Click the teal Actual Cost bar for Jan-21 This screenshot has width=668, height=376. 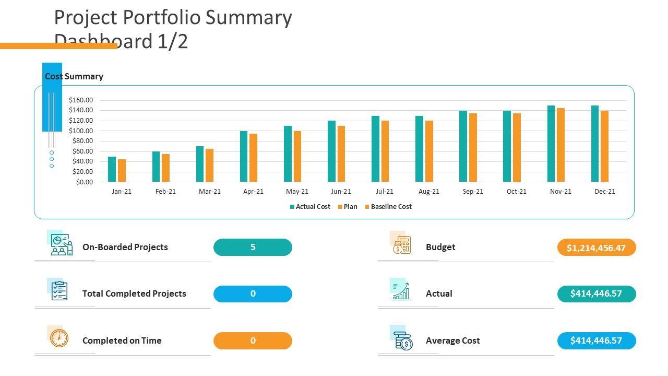[x=112, y=169]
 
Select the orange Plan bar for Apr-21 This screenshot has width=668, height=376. [x=253, y=158]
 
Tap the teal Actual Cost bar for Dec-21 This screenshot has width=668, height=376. [x=595, y=144]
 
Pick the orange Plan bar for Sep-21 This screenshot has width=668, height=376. [x=473, y=148]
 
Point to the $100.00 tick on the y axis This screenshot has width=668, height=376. [x=80, y=131]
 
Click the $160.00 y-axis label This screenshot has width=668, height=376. [x=80, y=100]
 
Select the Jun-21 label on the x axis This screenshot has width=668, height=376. [x=341, y=192]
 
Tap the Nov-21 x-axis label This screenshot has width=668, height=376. [x=560, y=192]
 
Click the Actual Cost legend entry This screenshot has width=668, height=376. [x=310, y=207]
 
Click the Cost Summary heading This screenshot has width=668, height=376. [x=74, y=77]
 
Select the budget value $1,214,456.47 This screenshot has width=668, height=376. [x=596, y=248]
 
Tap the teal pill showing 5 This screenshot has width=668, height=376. [x=253, y=248]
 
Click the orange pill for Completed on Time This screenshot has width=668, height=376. [x=253, y=341]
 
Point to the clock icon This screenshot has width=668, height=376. [x=59, y=338]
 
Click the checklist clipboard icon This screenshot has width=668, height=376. [x=59, y=291]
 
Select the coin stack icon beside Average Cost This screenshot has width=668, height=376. [x=403, y=342]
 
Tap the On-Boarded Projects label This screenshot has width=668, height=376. [x=125, y=248]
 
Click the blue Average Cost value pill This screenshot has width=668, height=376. [x=596, y=341]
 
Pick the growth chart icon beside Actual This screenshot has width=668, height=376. [x=401, y=292]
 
